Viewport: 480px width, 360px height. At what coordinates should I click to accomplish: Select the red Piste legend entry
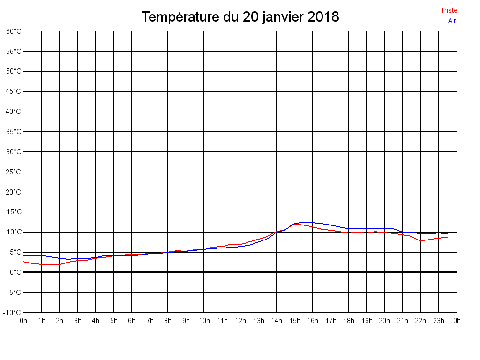tap(450, 10)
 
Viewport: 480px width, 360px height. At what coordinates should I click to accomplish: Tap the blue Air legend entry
tap(452, 21)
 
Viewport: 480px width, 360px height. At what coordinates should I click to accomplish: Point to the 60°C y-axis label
tap(14, 31)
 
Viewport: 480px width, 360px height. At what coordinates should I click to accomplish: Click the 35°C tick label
tap(14, 132)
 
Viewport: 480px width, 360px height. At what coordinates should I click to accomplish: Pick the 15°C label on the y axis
tap(14, 212)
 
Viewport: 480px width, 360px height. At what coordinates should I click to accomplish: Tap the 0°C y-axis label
tap(15, 272)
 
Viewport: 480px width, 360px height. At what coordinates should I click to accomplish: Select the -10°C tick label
tap(13, 313)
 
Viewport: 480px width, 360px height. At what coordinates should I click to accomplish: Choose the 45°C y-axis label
tap(14, 91)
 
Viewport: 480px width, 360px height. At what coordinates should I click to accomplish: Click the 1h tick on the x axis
tap(42, 321)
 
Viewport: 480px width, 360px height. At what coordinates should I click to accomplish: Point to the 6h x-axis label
tap(132, 321)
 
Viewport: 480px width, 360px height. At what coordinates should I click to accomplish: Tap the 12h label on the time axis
tap(240, 321)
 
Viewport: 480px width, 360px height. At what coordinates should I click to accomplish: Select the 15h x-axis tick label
tap(294, 321)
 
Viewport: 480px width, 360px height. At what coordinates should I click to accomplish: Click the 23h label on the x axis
tap(439, 321)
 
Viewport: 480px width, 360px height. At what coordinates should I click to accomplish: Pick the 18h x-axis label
tap(348, 321)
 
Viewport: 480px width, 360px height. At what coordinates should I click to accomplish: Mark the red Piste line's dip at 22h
tap(421, 241)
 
